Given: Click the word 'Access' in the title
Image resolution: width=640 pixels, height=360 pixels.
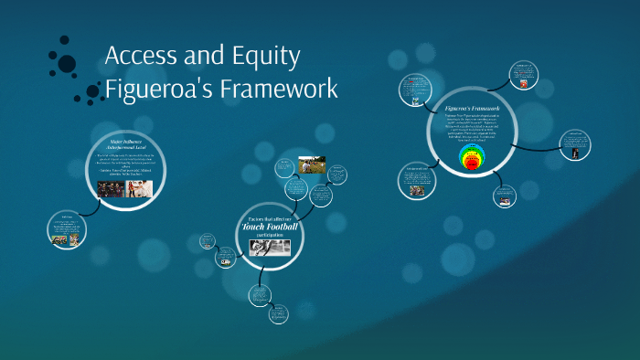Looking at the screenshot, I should click(140, 57).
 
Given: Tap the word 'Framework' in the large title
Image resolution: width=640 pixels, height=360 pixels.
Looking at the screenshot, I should click(284, 90).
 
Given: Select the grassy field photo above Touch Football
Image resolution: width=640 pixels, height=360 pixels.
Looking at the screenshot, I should click(311, 165).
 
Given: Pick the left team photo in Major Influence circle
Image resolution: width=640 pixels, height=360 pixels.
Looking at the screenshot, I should click(111, 188).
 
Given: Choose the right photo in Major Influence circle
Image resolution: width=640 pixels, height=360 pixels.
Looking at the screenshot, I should click(140, 188).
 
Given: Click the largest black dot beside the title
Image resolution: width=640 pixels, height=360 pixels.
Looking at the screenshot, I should click(67, 63).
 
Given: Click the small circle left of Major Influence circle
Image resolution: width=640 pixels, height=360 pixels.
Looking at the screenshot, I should click(67, 228).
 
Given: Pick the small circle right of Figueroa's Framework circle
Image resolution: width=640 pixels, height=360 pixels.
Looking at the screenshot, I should click(575, 144).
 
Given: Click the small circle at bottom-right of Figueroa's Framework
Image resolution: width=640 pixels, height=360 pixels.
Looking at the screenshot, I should click(505, 195).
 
